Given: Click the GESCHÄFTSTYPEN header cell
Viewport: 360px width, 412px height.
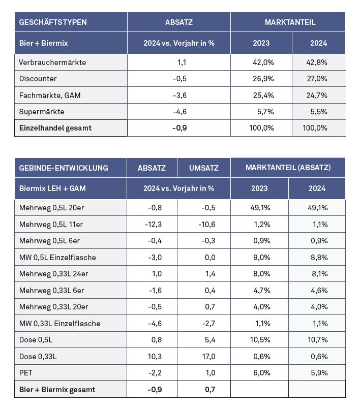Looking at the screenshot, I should pos(53,22).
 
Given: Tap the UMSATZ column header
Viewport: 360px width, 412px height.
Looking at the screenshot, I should pos(203,168).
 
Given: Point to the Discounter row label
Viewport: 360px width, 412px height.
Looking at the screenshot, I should pos(38,79).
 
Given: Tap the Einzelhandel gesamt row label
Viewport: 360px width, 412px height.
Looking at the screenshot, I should pos(55,128).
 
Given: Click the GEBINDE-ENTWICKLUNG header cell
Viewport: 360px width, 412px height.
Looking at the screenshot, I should pos(64,168).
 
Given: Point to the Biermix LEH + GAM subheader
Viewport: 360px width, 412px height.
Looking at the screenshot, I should pos(52,188).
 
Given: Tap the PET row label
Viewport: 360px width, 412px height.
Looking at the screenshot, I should pos(25,373).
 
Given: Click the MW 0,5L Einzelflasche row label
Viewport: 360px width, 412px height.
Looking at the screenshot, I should pos(57,257).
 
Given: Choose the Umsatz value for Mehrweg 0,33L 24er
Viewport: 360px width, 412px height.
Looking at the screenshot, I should pos(210,274).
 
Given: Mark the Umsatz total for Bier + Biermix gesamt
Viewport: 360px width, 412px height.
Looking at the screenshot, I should pos(209,390).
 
